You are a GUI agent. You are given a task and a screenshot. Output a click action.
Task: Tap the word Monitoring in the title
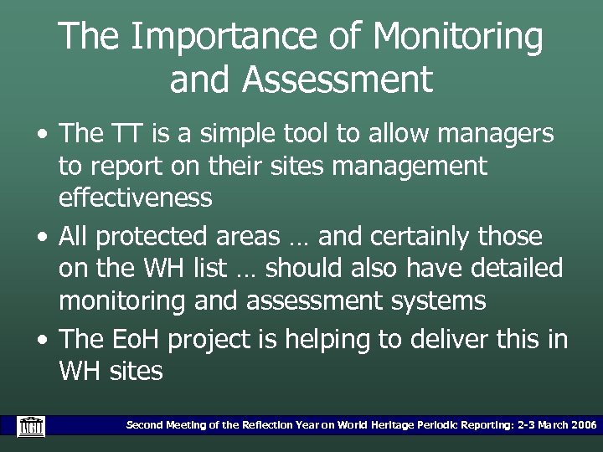coord(458,38)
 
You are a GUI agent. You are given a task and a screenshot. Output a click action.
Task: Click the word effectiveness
coord(135,198)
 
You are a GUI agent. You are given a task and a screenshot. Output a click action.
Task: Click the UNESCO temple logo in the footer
coord(31,426)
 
